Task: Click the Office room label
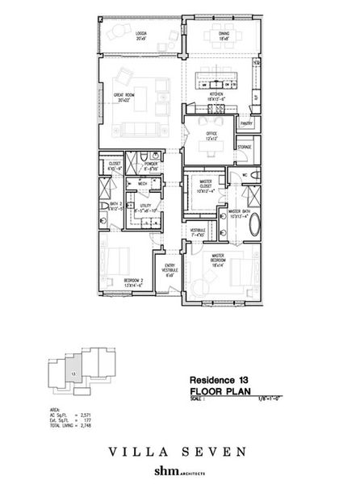click(212, 134)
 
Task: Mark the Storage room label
click(245, 148)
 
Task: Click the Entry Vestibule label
click(170, 272)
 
